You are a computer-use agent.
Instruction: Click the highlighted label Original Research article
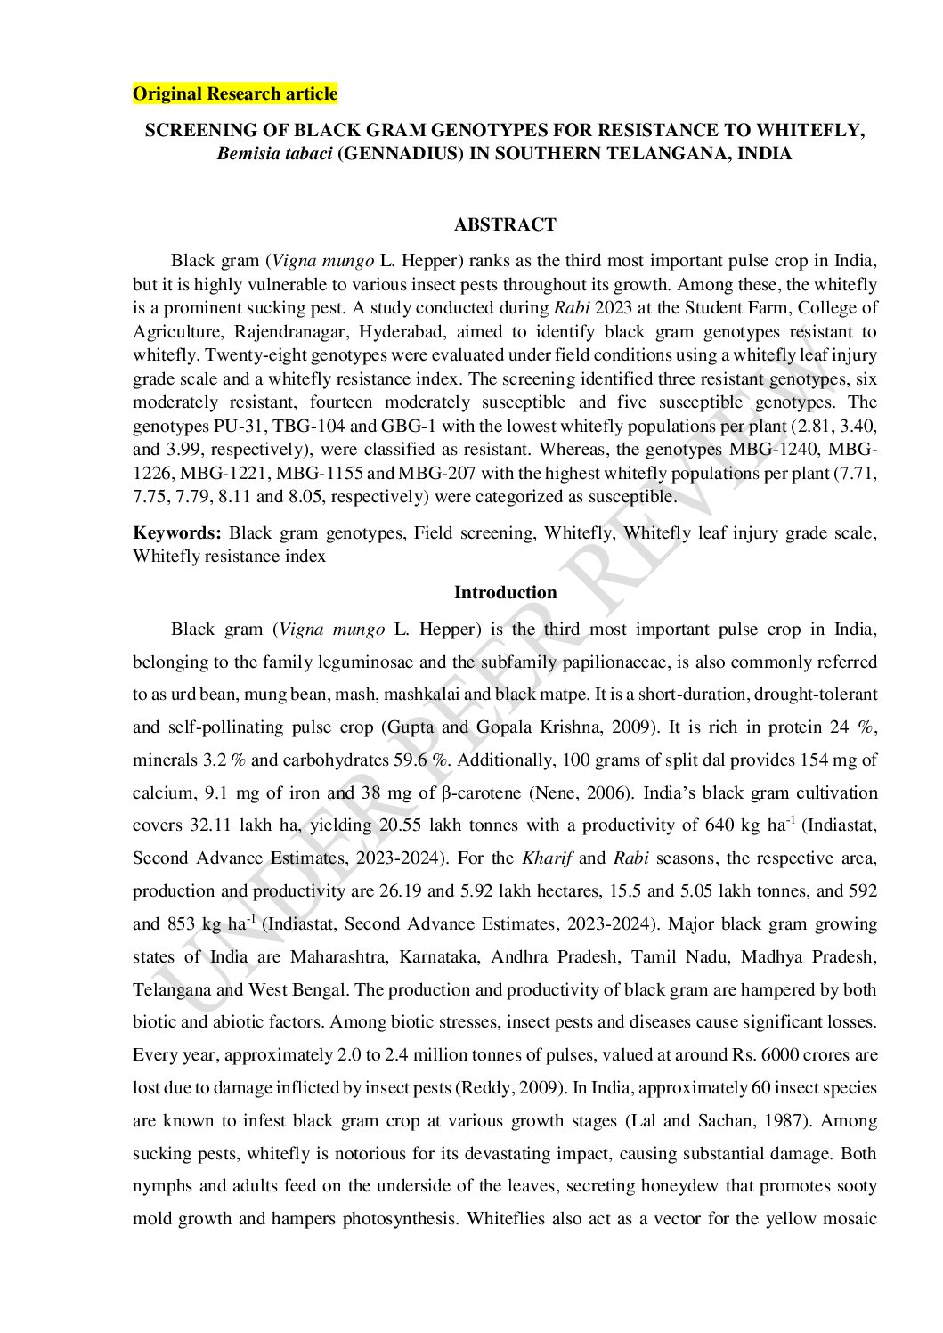(235, 93)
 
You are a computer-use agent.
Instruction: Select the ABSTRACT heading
(505, 224)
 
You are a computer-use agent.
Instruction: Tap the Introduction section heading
(505, 592)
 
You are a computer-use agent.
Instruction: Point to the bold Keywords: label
(177, 532)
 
